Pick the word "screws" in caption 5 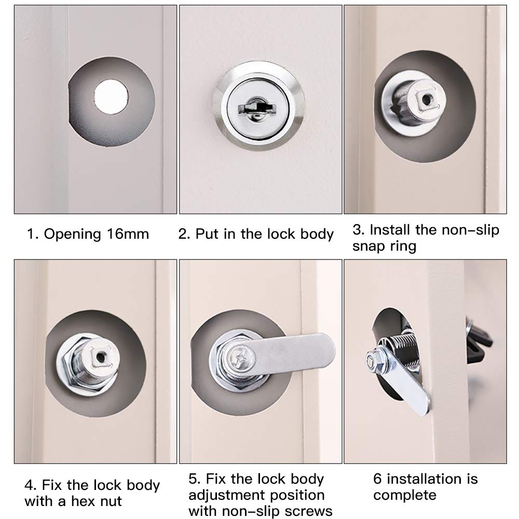point(307,511)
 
